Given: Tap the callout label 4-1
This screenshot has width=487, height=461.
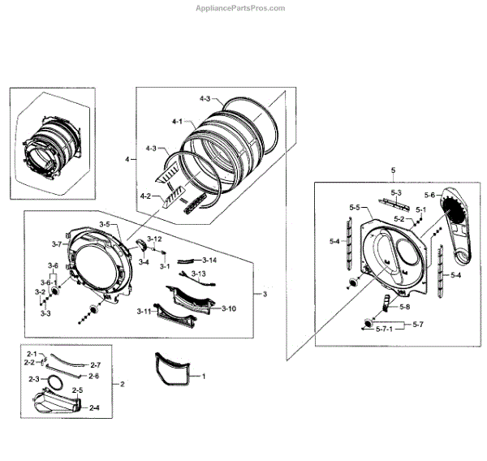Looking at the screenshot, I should tap(177, 121).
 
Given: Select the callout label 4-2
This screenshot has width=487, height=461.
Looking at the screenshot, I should tap(145, 196).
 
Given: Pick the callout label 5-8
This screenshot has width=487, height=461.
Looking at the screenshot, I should tap(404, 308).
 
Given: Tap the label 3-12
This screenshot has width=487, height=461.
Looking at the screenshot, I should tap(153, 239).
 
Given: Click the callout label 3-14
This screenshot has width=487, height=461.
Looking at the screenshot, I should tap(209, 260).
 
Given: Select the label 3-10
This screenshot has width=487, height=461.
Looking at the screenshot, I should tap(228, 308).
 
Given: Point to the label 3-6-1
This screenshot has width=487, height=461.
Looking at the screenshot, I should tap(49, 282).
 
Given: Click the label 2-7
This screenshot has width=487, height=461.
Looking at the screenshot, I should tap(95, 364).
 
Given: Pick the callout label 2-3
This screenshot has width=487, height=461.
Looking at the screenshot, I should tap(34, 379).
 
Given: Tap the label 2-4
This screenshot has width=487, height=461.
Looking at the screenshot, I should tap(94, 406).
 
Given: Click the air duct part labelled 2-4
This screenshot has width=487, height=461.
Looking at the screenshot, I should tap(57, 403).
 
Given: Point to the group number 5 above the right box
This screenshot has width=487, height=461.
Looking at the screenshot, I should tap(393, 170).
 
